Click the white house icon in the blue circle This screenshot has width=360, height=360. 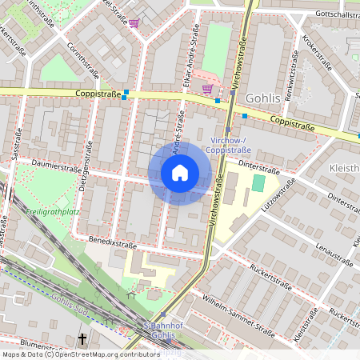(180, 173)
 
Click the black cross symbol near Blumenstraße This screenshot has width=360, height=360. (82, 339)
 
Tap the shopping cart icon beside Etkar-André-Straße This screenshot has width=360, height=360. (207, 89)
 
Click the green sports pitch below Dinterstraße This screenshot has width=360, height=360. (258, 183)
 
